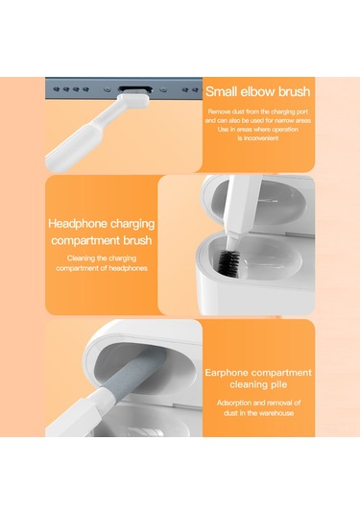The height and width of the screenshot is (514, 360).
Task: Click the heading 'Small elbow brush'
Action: pyautogui.click(x=258, y=91)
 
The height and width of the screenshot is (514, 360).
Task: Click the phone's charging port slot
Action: pyautogui.click(x=135, y=88)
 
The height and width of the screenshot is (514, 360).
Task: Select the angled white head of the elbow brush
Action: pyautogui.click(x=133, y=99)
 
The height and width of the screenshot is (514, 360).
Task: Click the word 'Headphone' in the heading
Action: pyautogui.click(x=78, y=224)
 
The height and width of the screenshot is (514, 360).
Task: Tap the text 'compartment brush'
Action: pyautogui.click(x=102, y=240)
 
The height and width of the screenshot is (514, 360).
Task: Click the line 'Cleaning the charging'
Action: pyautogui.click(x=102, y=258)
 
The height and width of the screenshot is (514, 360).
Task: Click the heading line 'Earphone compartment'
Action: pyautogui.click(x=258, y=373)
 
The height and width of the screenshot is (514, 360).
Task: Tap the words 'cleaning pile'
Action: pyautogui.click(x=258, y=384)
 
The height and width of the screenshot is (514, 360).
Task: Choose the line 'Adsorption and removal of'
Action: pyautogui.click(x=258, y=403)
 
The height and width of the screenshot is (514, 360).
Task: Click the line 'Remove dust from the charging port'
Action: pyautogui.click(x=258, y=111)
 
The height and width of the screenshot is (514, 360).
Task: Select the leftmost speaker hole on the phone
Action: pyautogui.click(x=57, y=89)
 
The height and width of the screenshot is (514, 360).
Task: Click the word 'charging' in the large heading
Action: pyautogui.click(x=132, y=224)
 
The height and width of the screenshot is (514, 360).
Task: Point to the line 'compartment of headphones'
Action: pyautogui.click(x=102, y=268)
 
